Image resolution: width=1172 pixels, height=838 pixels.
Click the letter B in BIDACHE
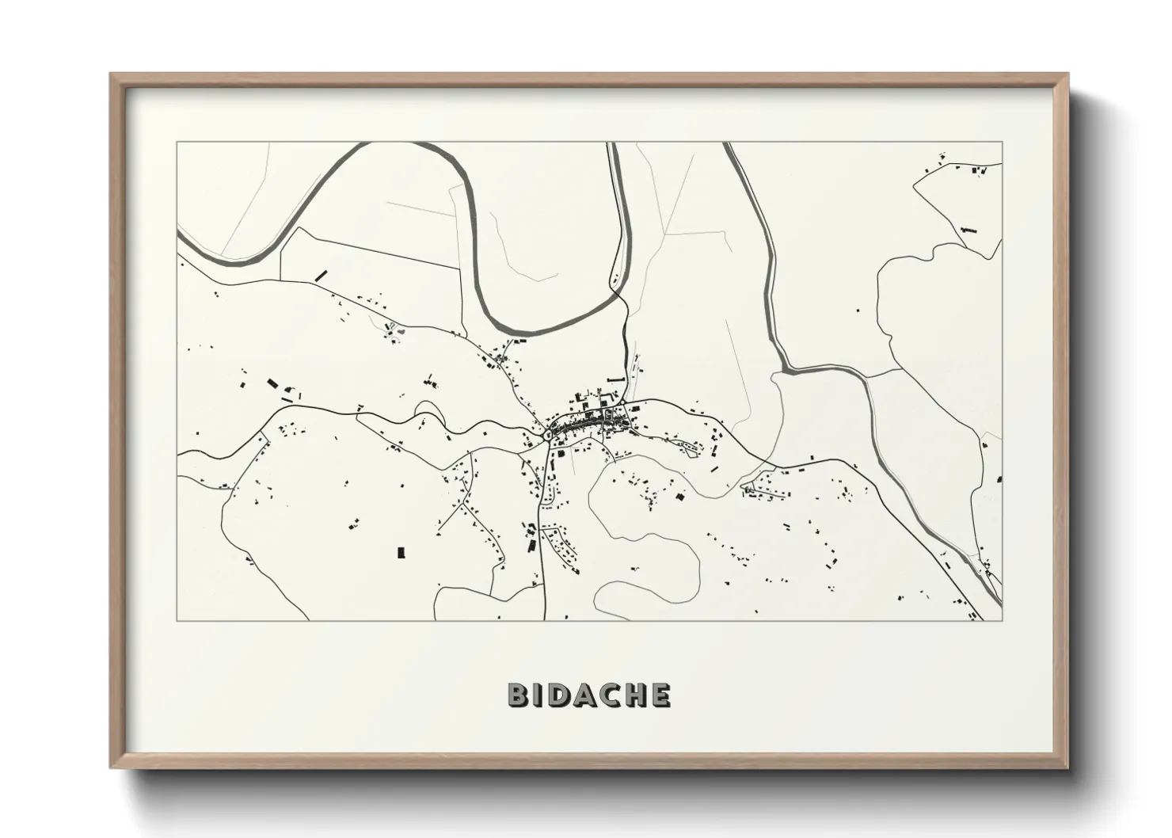518,695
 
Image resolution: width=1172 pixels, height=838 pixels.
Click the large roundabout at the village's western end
548,435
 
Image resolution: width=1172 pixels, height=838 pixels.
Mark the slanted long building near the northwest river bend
321,275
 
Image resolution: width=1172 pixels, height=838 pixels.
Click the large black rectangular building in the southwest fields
401,551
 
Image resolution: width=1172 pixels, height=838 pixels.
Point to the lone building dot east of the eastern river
856,310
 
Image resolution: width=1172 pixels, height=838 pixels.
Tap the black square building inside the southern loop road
679,497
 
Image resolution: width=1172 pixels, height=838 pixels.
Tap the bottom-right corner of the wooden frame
1068,768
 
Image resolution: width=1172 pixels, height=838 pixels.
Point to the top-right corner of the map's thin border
1002,143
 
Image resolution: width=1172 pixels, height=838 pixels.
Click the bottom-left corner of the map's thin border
177,620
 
